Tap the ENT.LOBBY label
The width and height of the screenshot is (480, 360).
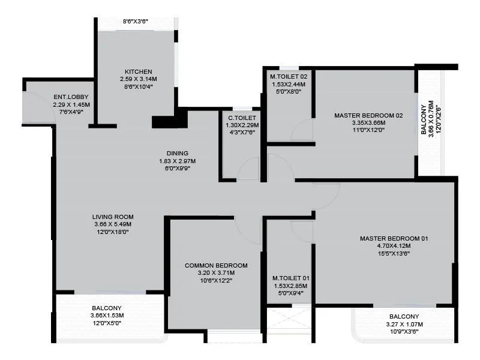tap(67, 97)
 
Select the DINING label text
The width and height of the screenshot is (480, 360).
tap(177, 153)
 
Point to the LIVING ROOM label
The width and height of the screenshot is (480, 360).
tap(113, 217)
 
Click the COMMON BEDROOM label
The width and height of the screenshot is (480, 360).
tap(216, 265)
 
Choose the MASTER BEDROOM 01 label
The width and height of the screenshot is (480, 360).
tap(394, 238)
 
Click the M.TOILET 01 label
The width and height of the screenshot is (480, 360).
tap(290, 278)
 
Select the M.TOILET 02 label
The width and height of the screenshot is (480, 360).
tap(289, 76)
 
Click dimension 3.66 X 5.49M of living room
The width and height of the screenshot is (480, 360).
tap(113, 224)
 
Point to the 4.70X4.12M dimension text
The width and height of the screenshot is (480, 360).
tap(394, 246)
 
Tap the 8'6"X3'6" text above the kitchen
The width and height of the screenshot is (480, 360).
tap(135, 21)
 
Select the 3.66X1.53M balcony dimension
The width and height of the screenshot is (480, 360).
tap(107, 315)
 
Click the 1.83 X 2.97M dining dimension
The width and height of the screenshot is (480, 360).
tap(177, 161)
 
